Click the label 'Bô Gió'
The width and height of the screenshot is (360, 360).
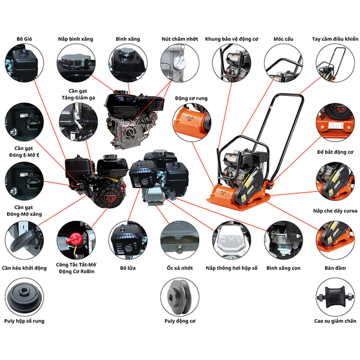tap(23, 39)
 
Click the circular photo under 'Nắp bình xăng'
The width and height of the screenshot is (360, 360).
tap(76, 64)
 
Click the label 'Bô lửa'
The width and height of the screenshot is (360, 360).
tap(127, 268)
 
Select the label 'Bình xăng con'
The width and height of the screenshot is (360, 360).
tap(283, 268)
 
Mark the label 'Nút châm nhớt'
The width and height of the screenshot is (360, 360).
tap(179, 39)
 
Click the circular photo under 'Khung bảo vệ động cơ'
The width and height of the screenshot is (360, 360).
tap(232, 64)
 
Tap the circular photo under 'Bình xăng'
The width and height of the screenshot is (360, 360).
tap(127, 64)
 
